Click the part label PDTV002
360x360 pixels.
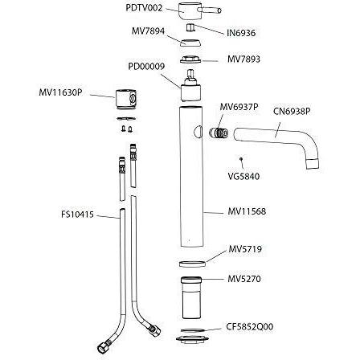(x=144, y=7)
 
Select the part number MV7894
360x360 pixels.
(x=148, y=31)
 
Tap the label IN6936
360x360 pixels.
(x=241, y=34)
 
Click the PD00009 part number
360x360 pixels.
(x=146, y=67)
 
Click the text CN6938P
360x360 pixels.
(x=292, y=111)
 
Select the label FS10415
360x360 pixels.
(x=77, y=215)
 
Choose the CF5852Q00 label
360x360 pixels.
(x=251, y=327)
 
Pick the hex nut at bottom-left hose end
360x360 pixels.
(x=103, y=348)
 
